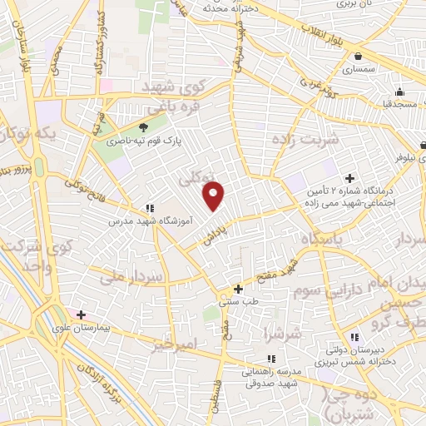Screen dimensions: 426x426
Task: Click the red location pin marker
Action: click(215, 196)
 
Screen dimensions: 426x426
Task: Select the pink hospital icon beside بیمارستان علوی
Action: click(81, 315)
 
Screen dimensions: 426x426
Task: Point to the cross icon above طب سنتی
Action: click(239, 289)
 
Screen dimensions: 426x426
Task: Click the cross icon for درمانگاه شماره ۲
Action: click(349, 178)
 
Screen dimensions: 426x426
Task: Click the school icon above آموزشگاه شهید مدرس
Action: click(148, 208)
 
